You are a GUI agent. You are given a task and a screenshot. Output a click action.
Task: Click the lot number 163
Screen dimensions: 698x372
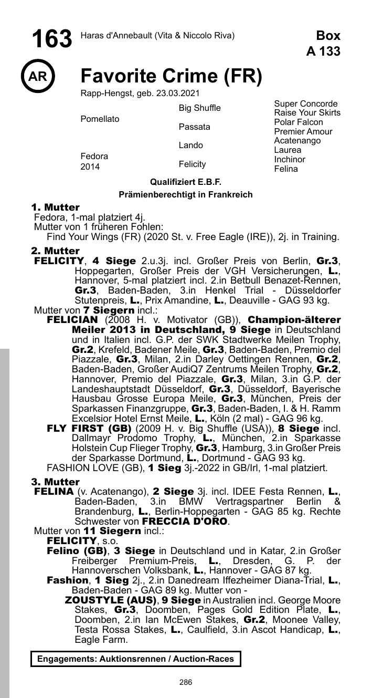(x=51, y=39)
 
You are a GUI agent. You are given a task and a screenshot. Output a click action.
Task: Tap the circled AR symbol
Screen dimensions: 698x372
(x=37, y=77)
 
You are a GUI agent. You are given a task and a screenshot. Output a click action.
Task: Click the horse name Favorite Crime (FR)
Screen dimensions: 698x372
(x=171, y=76)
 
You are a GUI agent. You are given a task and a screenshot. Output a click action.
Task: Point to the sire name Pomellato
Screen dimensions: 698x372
(x=100, y=119)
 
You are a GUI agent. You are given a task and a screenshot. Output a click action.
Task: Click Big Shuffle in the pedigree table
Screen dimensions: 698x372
(x=199, y=108)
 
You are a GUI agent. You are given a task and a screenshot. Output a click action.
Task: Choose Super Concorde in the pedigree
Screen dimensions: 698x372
(x=306, y=103)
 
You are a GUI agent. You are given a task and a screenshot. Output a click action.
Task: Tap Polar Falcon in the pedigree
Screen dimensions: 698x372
(x=299, y=122)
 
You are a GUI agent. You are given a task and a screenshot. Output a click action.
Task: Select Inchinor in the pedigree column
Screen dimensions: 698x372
(x=290, y=160)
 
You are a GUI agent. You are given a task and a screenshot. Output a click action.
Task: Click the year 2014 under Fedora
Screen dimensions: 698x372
(x=89, y=167)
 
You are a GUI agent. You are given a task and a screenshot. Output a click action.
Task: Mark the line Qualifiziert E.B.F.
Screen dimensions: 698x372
(x=186, y=182)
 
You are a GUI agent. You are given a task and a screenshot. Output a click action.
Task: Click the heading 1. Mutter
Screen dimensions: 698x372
(x=55, y=207)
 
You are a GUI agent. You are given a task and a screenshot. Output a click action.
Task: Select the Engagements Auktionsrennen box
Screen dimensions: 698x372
(x=135, y=659)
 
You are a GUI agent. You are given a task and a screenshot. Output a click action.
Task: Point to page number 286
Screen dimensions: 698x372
(x=186, y=682)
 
